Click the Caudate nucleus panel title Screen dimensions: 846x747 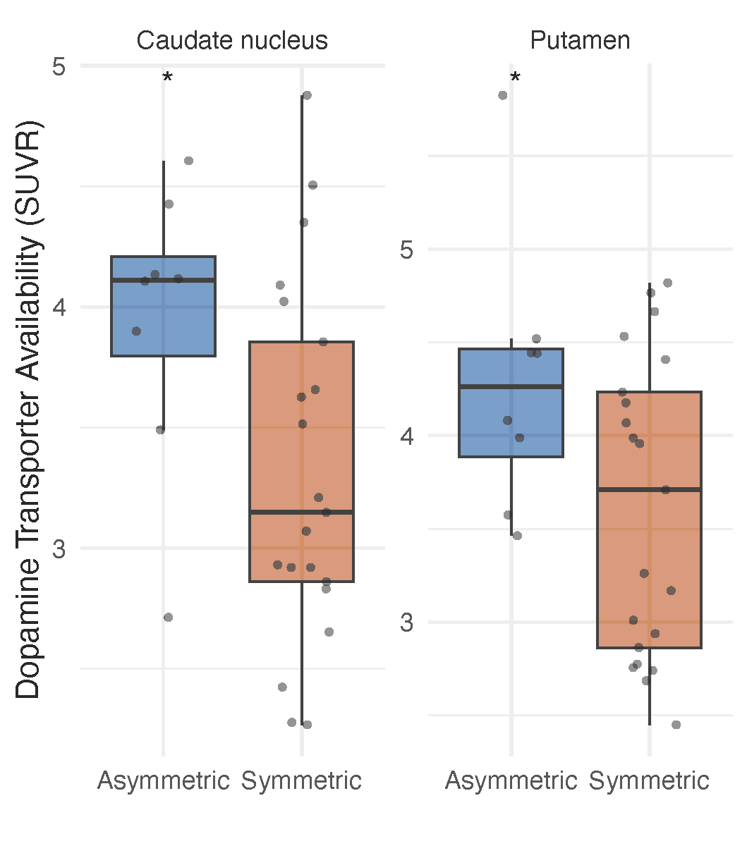coord(232,40)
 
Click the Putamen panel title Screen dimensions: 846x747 coord(580,40)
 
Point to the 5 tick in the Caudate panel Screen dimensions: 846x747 coord(59,66)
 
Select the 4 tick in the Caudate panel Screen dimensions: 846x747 coord(59,307)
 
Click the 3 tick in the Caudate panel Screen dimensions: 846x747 coord(59,548)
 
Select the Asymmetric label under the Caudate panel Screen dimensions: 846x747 coord(163,781)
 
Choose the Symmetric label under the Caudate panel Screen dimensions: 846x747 coord(301,781)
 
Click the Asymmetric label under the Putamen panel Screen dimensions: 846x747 coord(511,781)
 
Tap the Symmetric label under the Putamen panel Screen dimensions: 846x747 coord(649,781)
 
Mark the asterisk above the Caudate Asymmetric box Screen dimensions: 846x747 coord(167,78)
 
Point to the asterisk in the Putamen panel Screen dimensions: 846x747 coord(515,78)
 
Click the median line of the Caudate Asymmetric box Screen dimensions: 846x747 coord(163,281)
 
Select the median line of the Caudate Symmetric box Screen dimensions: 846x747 coord(301,512)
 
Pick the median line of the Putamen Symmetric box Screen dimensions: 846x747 coord(649,489)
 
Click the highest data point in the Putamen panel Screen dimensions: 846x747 coord(503,95)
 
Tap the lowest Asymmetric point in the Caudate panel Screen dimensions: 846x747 coord(168,618)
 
